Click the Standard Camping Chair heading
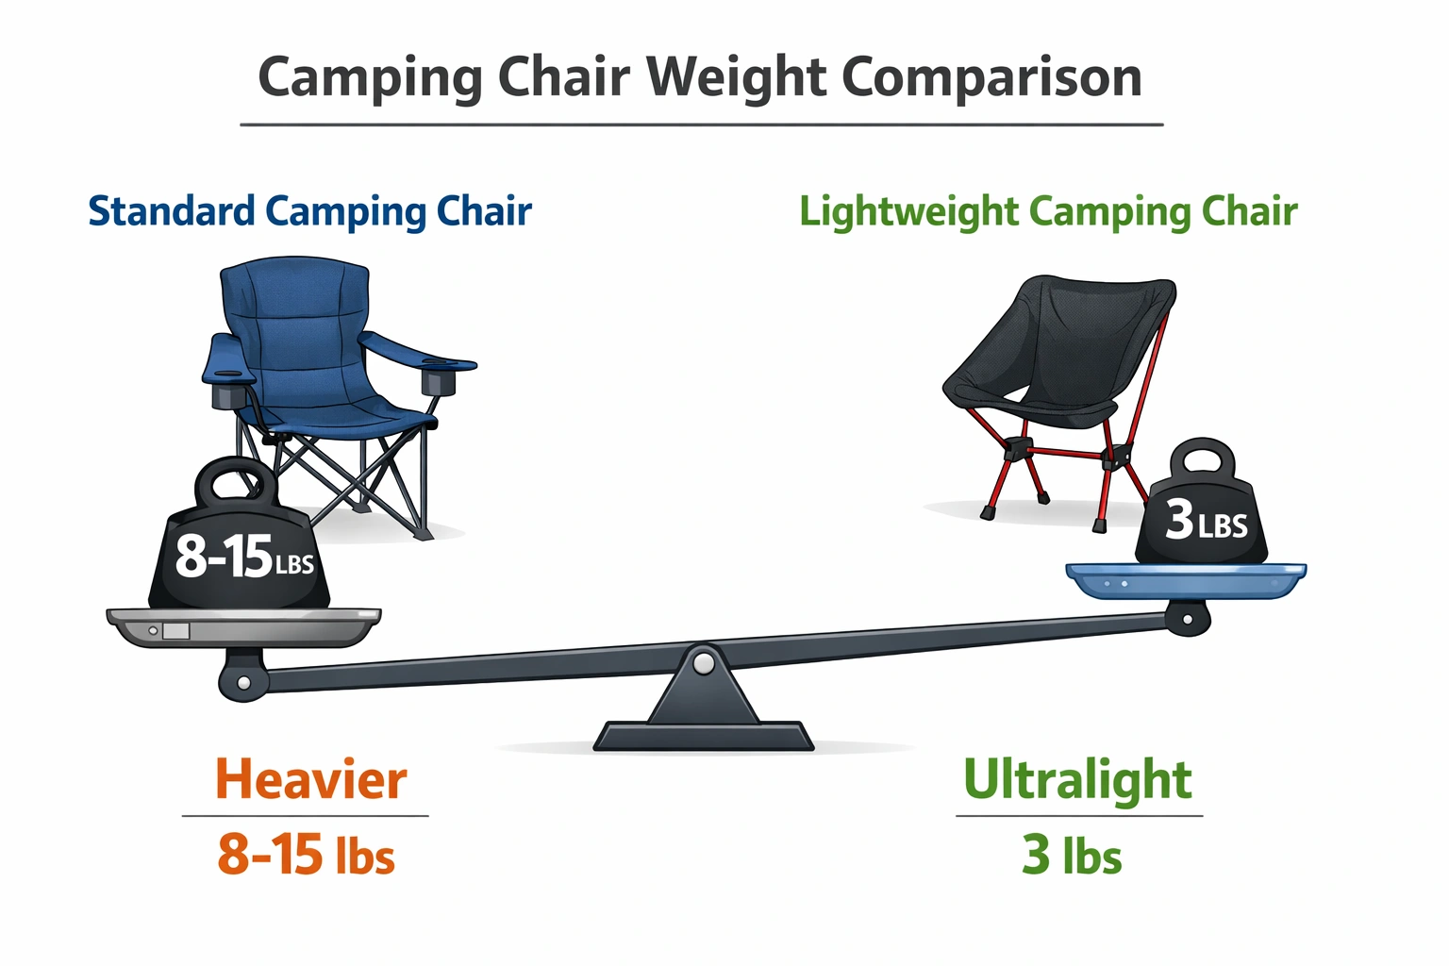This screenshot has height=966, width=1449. (x=309, y=211)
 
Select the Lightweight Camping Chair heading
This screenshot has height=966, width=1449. (x=1048, y=211)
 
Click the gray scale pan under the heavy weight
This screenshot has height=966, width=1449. (x=243, y=627)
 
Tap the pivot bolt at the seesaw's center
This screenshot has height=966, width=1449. (x=703, y=663)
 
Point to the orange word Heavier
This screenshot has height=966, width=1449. (x=310, y=780)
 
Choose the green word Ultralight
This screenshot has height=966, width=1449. (x=1077, y=780)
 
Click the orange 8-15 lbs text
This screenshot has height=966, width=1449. (x=306, y=855)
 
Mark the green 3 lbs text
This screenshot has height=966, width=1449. (x=1072, y=855)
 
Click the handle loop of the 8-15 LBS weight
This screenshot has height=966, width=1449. (x=235, y=482)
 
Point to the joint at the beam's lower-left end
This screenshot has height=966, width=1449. (x=243, y=681)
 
